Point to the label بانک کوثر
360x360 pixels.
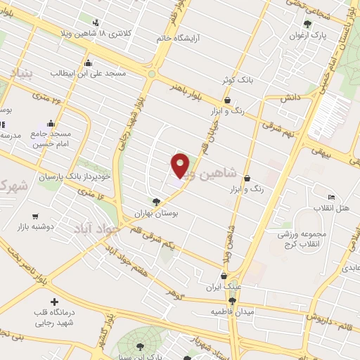pyautogui.click(x=238, y=82)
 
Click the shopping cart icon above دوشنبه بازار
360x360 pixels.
pyautogui.click(x=35, y=216)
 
